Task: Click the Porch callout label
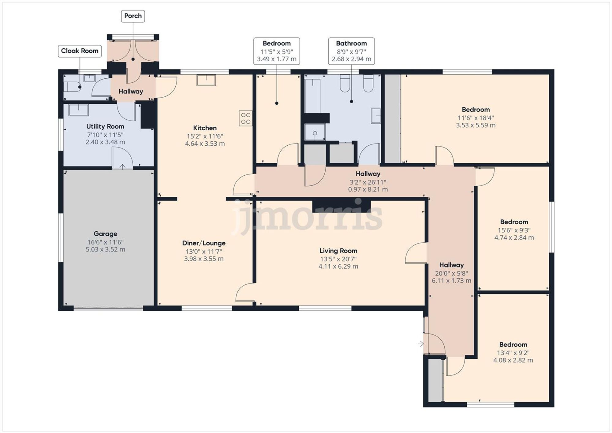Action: point(133,16)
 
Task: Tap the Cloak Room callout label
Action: point(80,51)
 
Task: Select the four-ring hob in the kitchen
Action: point(246,118)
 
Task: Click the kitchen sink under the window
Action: point(206,80)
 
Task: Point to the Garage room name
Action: point(105,234)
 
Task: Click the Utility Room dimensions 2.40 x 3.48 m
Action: point(105,142)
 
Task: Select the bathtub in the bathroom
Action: point(312,95)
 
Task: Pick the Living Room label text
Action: point(338,251)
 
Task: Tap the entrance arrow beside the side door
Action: point(421,344)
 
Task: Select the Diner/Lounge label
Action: point(204,243)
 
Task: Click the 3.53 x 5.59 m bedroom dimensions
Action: point(476,125)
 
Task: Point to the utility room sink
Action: point(78,110)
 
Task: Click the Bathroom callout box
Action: point(351,51)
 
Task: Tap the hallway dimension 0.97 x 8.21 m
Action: point(368,189)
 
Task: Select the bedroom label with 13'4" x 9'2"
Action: point(513,345)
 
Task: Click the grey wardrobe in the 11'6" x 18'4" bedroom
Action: point(392,118)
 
